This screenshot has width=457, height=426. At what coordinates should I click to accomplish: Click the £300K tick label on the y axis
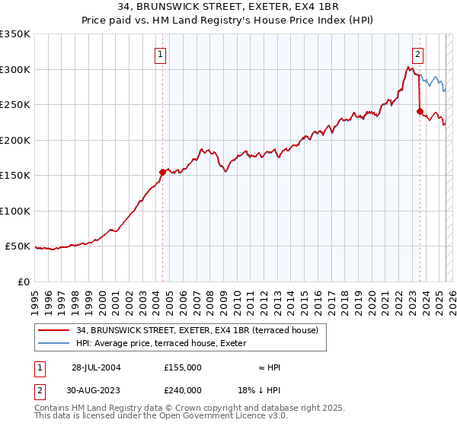[x=15, y=69]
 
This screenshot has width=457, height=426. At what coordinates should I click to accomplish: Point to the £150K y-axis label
[x=15, y=175]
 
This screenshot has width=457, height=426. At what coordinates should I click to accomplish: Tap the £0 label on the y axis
[x=24, y=281]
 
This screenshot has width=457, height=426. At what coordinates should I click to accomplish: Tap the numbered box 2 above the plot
[x=418, y=54]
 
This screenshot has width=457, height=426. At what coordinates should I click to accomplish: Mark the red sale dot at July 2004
[x=162, y=172]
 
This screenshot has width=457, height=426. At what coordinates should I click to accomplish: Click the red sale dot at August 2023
[x=420, y=112]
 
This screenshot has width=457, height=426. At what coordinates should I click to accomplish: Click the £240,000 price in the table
[x=183, y=389]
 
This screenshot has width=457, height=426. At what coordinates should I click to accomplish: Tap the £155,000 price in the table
[x=183, y=367]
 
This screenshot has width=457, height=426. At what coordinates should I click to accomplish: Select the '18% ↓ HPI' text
[x=259, y=389]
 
